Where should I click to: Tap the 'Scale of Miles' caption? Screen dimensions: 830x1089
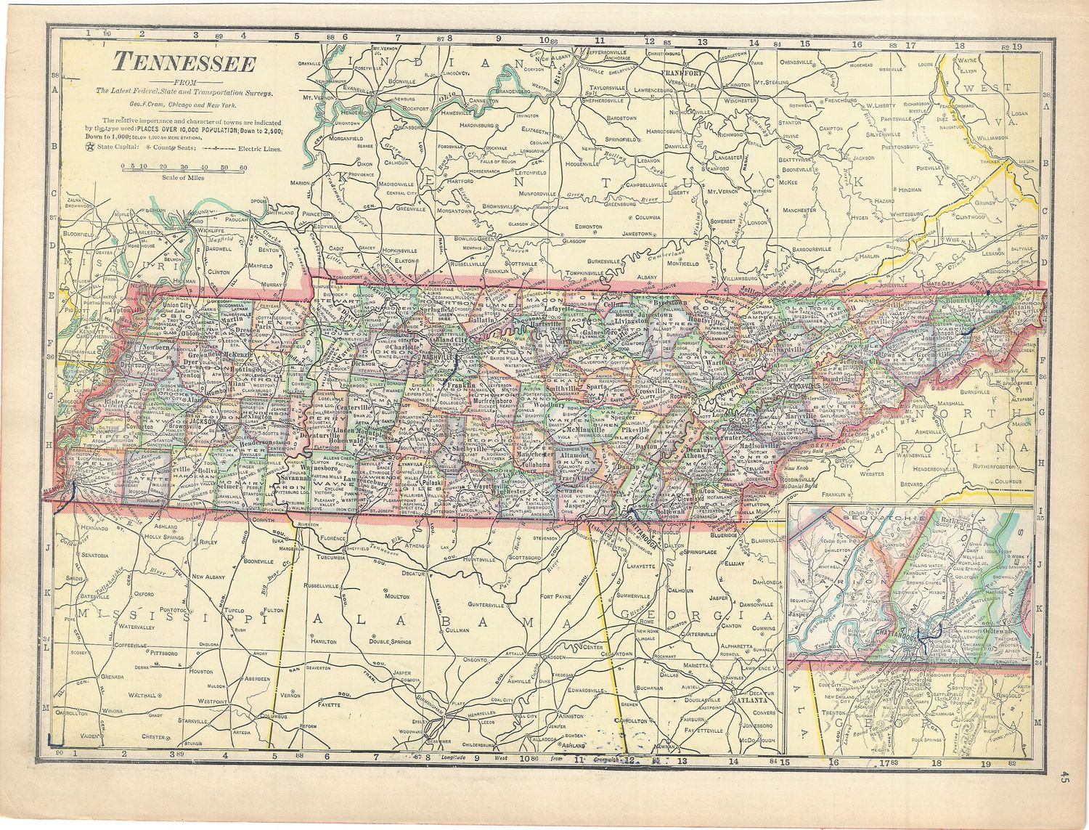click(x=183, y=176)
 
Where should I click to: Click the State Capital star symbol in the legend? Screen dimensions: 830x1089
click(x=91, y=148)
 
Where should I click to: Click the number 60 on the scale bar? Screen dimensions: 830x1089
click(x=242, y=167)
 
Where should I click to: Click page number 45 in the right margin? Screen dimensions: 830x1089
click(x=1064, y=777)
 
